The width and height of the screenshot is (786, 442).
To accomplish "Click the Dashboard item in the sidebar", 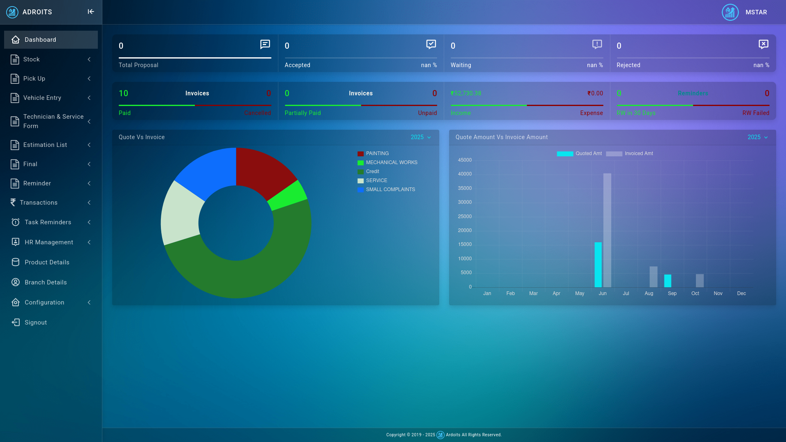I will pyautogui.click(x=40, y=40).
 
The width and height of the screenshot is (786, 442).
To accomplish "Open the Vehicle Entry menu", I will pyautogui.click(x=42, y=98).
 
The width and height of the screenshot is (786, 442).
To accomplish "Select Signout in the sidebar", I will pyautogui.click(x=36, y=322).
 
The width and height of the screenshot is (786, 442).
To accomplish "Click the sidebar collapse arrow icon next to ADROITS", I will pyautogui.click(x=91, y=12).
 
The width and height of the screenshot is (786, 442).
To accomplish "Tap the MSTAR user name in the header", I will pyautogui.click(x=756, y=12).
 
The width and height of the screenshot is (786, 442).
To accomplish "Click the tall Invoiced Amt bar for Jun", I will pyautogui.click(x=607, y=229).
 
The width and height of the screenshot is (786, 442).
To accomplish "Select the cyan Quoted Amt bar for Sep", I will pyautogui.click(x=668, y=281).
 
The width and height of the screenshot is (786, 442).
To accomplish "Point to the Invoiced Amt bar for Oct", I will pyautogui.click(x=700, y=281).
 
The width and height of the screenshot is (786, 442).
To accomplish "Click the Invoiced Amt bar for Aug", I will pyautogui.click(x=653, y=277).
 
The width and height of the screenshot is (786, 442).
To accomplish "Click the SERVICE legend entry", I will pyautogui.click(x=376, y=180).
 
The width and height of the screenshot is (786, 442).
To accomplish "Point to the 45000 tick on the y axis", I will pyautogui.click(x=465, y=160).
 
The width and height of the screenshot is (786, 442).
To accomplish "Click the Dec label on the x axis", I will pyautogui.click(x=741, y=293).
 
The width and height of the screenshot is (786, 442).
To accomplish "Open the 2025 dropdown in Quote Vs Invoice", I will pyautogui.click(x=421, y=137).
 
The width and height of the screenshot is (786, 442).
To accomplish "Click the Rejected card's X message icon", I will pyautogui.click(x=763, y=44).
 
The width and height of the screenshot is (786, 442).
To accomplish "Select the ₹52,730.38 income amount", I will pyautogui.click(x=466, y=93).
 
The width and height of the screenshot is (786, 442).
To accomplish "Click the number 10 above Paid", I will pyautogui.click(x=123, y=93).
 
